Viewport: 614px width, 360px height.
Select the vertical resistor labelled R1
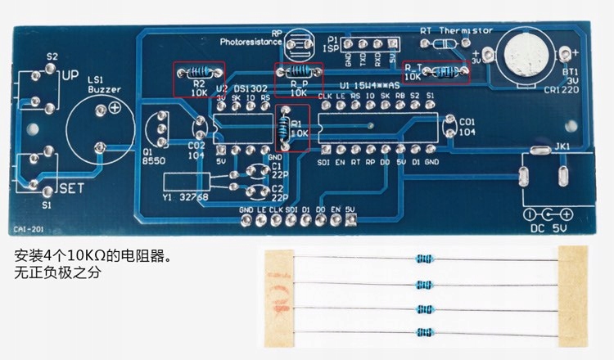(285, 127)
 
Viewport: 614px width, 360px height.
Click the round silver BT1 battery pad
(524, 54)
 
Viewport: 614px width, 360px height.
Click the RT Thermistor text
(456, 29)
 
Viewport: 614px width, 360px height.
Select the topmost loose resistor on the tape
(423, 259)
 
